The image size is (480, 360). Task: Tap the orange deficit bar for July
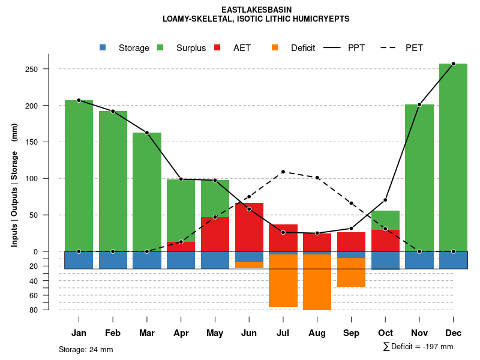click(283, 281)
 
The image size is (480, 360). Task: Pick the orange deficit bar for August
click(317, 282)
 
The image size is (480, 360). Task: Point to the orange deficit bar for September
click(351, 272)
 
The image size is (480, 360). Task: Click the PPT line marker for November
click(419, 105)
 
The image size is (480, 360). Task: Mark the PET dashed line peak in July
click(283, 172)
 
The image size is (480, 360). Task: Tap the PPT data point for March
click(147, 133)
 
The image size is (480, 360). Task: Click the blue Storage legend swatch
click(103, 48)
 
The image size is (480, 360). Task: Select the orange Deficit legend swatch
click(275, 48)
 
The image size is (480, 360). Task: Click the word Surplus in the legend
click(191, 48)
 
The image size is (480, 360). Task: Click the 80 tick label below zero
click(34, 310)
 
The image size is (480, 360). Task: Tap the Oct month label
click(385, 333)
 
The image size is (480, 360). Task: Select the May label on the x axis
click(215, 333)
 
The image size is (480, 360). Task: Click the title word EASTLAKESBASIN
click(256, 10)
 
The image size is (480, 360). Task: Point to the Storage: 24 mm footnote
click(86, 349)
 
